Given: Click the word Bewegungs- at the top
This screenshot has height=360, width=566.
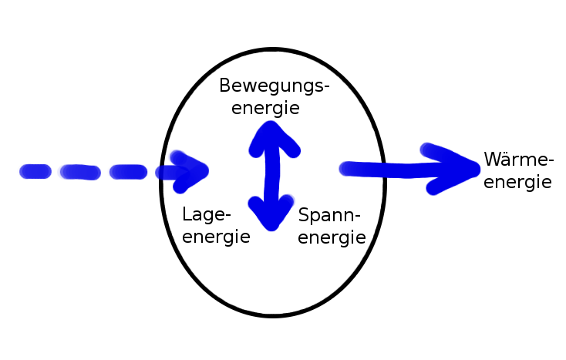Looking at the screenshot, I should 275,87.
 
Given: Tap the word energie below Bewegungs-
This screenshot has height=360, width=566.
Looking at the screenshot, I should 265,108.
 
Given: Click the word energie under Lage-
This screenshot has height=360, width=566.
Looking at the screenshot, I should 217,237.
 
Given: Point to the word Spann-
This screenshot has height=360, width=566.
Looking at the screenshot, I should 329,216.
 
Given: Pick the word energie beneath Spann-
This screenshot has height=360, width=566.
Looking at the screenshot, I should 332,237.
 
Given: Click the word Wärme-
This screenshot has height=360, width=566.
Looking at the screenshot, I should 519,161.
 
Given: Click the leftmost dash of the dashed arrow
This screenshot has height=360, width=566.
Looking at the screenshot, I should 35,172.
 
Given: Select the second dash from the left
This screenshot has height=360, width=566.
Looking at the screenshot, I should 79,172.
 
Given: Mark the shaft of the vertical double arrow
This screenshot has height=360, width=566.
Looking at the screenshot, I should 270,174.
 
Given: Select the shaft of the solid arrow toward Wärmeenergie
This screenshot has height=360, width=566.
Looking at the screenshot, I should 386,168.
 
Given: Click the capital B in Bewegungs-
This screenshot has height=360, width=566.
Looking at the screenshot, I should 224,86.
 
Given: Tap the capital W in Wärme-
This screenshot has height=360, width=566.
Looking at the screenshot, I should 493,160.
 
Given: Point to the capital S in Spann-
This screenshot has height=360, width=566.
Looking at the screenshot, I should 304,215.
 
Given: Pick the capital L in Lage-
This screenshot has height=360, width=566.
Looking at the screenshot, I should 187,214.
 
